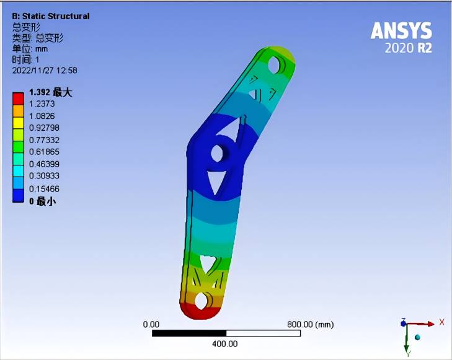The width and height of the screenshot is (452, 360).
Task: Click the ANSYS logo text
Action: [401, 31]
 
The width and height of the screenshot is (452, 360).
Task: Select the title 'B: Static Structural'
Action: [51, 16]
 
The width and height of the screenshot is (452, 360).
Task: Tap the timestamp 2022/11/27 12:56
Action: [45, 71]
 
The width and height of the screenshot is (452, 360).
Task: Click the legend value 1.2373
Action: [42, 103]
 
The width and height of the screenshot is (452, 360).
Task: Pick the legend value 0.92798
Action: [44, 128]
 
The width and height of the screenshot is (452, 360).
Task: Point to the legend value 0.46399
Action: [44, 164]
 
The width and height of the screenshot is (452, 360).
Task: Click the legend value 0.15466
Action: [44, 188]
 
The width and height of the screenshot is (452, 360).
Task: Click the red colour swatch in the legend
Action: [18, 99]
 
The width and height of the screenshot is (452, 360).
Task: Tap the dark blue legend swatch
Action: [18, 196]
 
